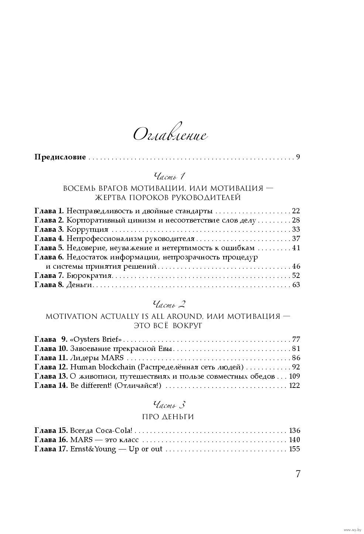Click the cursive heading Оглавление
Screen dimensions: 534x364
170,135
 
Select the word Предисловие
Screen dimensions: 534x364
60,157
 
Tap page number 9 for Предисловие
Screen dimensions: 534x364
298,157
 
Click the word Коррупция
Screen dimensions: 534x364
83,230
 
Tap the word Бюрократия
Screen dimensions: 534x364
84,276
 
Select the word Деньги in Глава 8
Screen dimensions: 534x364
79,285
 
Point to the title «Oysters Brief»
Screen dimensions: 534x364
96,339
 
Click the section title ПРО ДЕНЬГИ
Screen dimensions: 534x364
168,417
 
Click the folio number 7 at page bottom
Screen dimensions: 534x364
298,474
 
